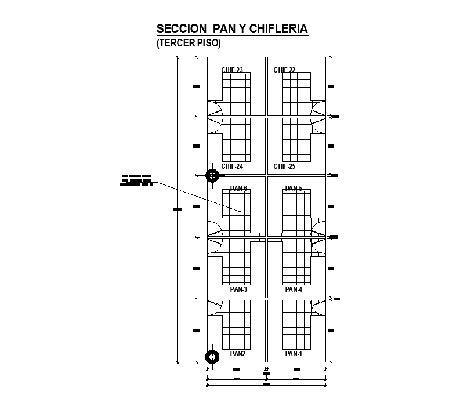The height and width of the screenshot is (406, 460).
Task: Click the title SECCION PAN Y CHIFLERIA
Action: pyautogui.click(x=232, y=29)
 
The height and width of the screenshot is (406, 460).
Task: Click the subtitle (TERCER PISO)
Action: pyautogui.click(x=189, y=43)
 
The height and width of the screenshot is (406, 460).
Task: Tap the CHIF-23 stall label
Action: pyautogui.click(x=232, y=70)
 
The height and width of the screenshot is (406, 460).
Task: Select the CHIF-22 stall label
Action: pyautogui.click(x=284, y=70)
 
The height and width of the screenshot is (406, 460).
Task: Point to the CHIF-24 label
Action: pyautogui.click(x=232, y=166)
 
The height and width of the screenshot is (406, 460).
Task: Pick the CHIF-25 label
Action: pyautogui.click(x=284, y=166)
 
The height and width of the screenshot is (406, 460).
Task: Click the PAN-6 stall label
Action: pyautogui.click(x=238, y=188)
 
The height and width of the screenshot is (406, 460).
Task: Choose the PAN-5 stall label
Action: pyautogui.click(x=294, y=188)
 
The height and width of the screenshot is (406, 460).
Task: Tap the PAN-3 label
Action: pyautogui.click(x=238, y=289)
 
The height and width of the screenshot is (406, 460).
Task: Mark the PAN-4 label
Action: pyautogui.click(x=294, y=289)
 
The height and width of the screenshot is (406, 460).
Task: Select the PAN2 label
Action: pyautogui.click(x=238, y=353)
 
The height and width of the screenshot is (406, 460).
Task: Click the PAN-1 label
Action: pyautogui.click(x=294, y=353)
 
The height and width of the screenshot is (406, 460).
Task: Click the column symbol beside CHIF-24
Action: pyautogui.click(x=213, y=175)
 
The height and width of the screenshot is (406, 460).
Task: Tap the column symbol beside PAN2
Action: pyautogui.click(x=212, y=356)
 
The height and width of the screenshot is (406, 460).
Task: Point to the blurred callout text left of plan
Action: pyautogui.click(x=136, y=180)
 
